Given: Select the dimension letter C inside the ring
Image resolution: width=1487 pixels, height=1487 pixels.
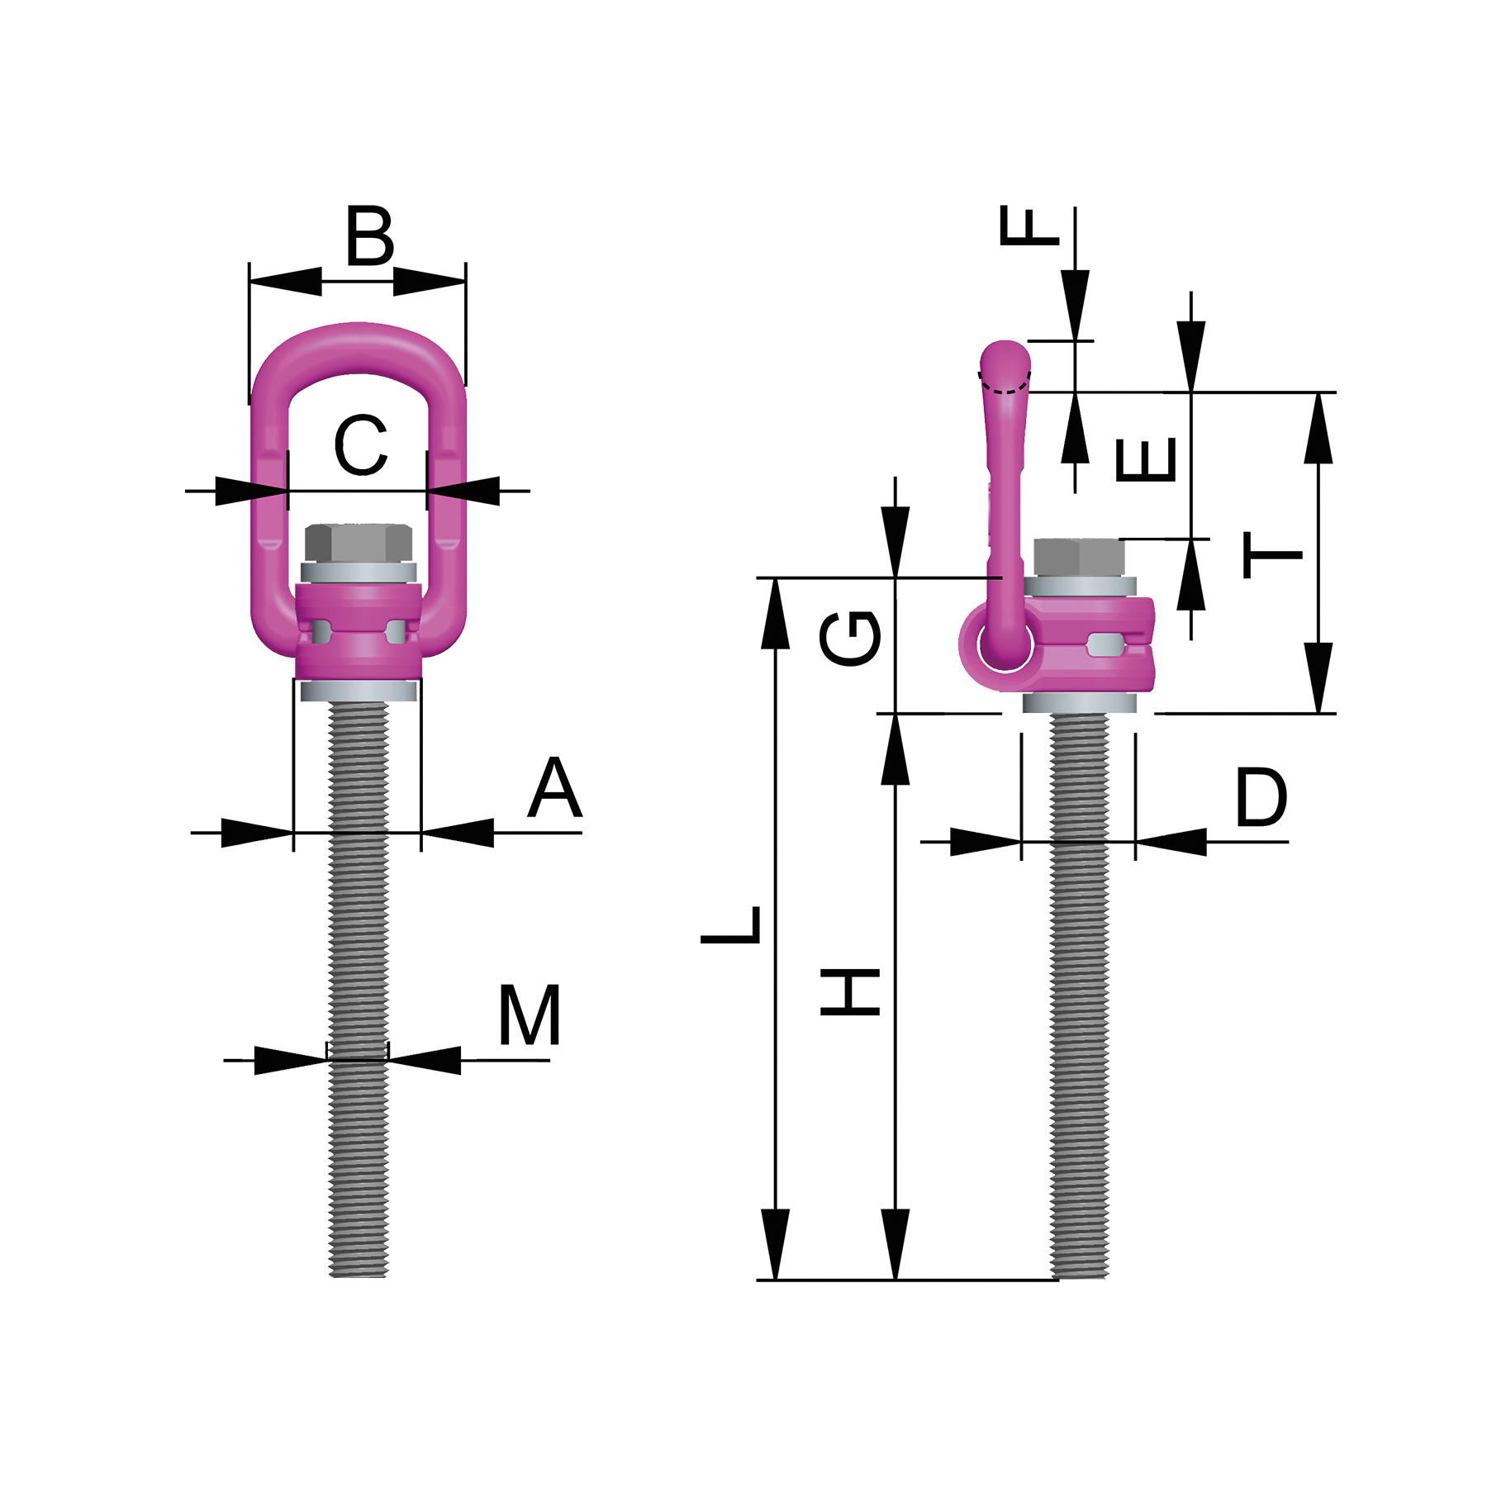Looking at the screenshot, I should (361, 446).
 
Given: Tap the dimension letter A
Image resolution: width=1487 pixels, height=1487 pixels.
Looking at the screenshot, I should (555, 789).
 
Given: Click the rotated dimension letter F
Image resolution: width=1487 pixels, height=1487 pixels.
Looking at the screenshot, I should (1029, 226).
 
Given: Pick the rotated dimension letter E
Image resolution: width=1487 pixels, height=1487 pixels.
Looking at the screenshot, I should (1146, 459).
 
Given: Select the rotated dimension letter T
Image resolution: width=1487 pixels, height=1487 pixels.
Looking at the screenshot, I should (1273, 554).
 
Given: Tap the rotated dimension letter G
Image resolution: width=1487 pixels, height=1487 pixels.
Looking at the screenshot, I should (850, 637).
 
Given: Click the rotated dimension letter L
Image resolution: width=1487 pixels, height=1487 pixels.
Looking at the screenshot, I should (731, 924).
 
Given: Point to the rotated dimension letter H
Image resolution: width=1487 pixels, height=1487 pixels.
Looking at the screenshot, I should (850, 991).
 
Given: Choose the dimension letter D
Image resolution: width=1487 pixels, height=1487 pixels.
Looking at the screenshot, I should (1261, 797).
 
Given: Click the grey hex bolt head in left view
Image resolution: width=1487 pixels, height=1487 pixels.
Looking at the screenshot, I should (359, 542).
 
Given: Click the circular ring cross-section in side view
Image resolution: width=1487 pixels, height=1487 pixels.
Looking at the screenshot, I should (1005, 644).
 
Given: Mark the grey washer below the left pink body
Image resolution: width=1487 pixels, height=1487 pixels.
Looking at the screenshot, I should (359, 691).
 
